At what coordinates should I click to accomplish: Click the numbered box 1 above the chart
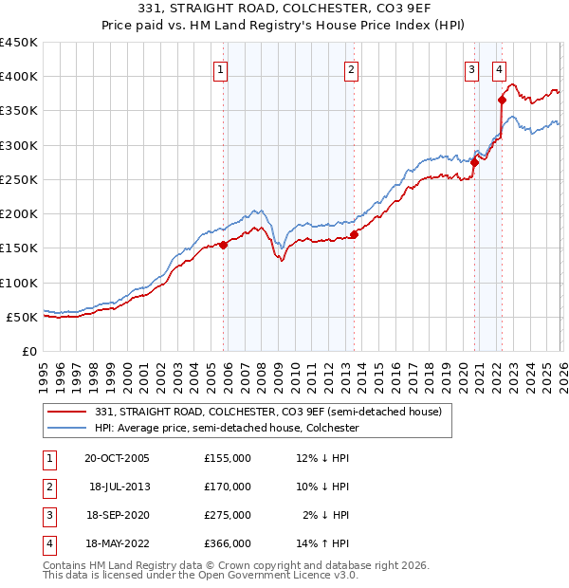pyautogui.click(x=220, y=69)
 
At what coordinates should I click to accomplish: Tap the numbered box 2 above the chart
pyautogui.click(x=351, y=69)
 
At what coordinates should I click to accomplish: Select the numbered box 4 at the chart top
pyautogui.click(x=499, y=69)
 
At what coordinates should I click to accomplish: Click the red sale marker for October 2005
pyautogui.click(x=224, y=245)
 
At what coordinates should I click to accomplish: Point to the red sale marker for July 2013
pyautogui.click(x=354, y=234)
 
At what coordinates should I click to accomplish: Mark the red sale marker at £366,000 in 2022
pyautogui.click(x=502, y=100)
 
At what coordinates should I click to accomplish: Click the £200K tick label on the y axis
pyautogui.click(x=19, y=213)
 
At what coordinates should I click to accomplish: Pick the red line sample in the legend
pyautogui.click(x=68, y=412)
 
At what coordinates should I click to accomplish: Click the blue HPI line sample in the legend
pyautogui.click(x=68, y=428)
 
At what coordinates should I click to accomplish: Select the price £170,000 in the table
pyautogui.click(x=228, y=487)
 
